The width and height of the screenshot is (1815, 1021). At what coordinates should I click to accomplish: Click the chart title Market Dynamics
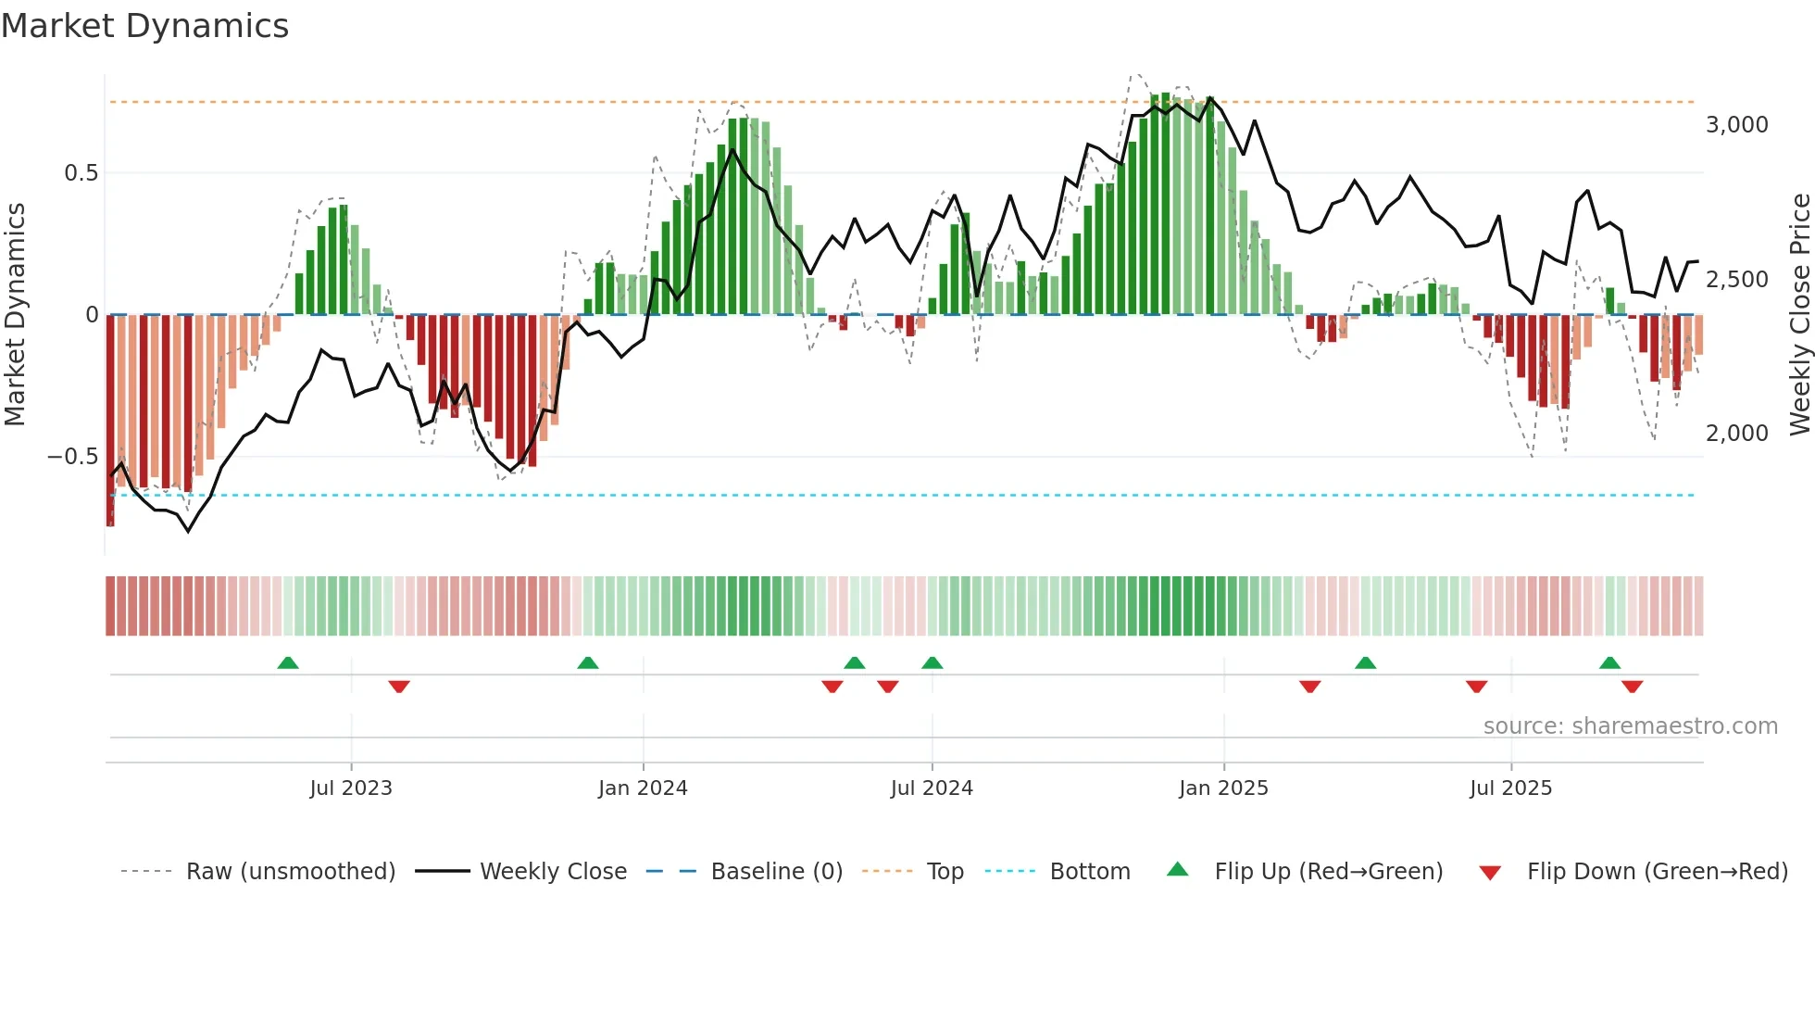click(x=145, y=26)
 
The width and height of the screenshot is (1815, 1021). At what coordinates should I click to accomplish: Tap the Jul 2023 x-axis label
click(x=351, y=788)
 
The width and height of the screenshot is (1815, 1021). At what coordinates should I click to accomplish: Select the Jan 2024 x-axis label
click(x=643, y=788)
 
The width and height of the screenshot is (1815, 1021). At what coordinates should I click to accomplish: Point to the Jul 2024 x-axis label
click(x=932, y=788)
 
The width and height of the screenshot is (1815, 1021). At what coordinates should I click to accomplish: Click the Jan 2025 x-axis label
click(x=1223, y=788)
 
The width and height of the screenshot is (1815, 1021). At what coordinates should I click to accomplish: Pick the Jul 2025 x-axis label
click(x=1510, y=788)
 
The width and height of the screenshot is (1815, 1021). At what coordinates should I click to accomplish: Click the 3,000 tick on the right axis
click(x=1737, y=125)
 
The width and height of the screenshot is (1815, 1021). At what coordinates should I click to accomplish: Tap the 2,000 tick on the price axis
click(x=1737, y=434)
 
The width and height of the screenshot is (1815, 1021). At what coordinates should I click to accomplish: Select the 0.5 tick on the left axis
click(x=81, y=173)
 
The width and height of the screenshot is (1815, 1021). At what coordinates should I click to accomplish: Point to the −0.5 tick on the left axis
click(x=73, y=457)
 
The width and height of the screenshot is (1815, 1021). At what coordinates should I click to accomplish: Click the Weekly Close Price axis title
click(x=1799, y=315)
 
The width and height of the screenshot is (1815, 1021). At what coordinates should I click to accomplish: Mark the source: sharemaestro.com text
click(x=1630, y=726)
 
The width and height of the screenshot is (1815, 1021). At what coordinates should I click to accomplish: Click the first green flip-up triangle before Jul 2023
click(x=288, y=662)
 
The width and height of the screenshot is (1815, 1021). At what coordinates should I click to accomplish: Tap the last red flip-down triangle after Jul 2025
click(x=1632, y=687)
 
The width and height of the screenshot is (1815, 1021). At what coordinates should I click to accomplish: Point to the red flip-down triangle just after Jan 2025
click(x=1309, y=687)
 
